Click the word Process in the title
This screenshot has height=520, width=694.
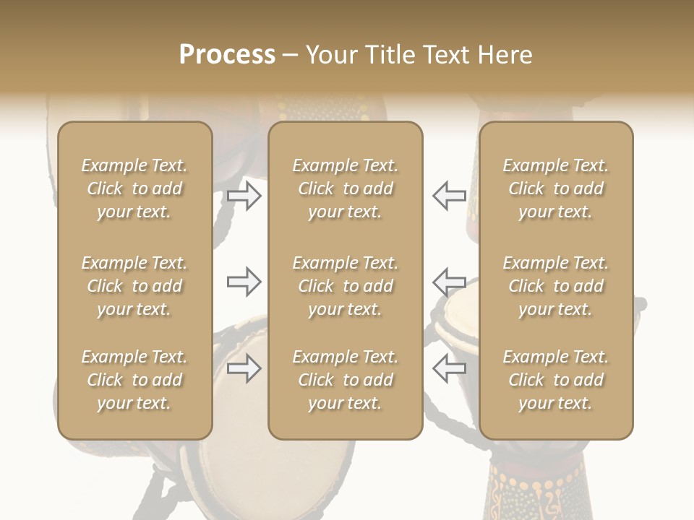point(227,55)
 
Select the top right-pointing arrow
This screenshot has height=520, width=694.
point(244,195)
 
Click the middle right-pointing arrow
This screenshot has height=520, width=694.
point(244,281)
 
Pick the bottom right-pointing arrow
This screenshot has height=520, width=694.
point(244,368)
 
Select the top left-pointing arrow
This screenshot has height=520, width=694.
point(449,195)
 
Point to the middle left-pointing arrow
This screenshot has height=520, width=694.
point(449,281)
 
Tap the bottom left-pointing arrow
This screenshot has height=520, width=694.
point(449,368)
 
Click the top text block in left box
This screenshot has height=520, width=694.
point(134,188)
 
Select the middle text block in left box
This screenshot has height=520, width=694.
point(134,286)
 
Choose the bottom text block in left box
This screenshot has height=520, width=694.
point(134,380)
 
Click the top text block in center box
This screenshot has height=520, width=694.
point(345,188)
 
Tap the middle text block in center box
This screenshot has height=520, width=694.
point(345,286)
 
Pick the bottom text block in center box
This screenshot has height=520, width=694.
point(345,380)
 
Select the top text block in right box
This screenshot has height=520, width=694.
point(555,188)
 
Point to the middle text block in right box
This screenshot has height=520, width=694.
point(555,286)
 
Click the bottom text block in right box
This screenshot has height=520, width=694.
point(555,380)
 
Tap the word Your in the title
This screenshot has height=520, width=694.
point(330,55)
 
